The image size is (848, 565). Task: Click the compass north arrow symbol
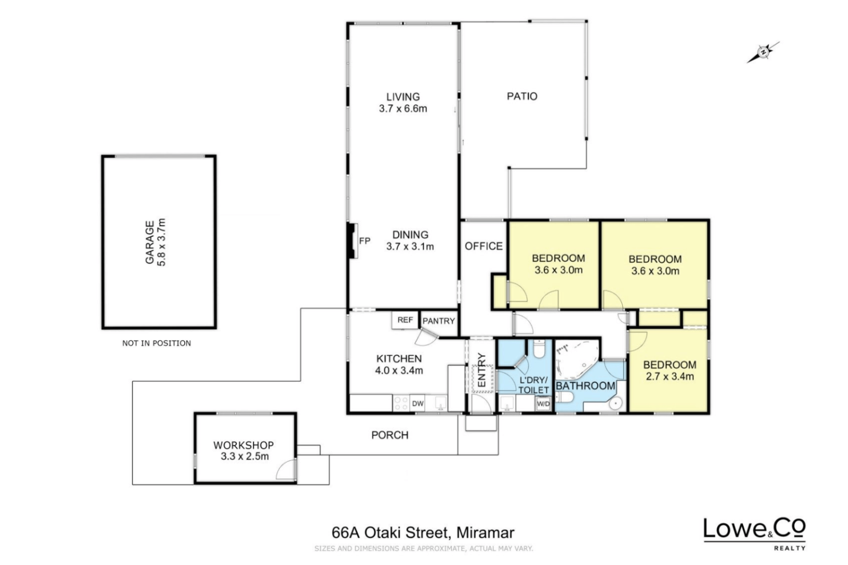[763, 52]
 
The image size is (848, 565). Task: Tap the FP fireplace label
[364, 241]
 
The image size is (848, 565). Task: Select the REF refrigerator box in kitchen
[405, 320]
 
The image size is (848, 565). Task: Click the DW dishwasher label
[417, 404]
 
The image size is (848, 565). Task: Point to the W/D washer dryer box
[543, 404]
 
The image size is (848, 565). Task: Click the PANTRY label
[439, 321]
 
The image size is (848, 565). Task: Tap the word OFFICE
[484, 246]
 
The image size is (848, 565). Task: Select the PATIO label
[522, 96]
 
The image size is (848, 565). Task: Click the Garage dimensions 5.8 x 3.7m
[161, 242]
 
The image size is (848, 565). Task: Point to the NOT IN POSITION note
[156, 343]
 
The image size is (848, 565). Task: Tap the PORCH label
[390, 435]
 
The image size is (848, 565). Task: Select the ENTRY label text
[481, 370]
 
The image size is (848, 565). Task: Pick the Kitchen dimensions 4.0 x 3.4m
[399, 371]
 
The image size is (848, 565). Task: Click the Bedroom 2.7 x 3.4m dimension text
[670, 377]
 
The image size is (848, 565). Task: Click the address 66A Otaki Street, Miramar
[423, 532]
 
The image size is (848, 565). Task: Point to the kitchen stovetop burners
[401, 403]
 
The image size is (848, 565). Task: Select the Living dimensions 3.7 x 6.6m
[403, 109]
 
